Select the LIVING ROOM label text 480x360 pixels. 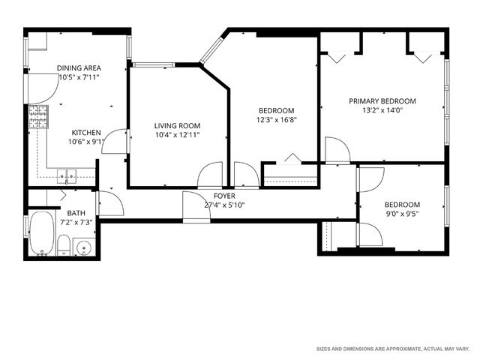177,125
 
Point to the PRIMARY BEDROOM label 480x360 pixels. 382,101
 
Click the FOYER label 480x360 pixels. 224,196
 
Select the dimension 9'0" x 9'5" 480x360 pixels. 402,213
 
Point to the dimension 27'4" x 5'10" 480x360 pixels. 224,205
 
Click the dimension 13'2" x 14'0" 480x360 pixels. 382,110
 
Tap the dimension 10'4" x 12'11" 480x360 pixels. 177,135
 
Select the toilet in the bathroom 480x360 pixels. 64,245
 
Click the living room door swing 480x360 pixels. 209,175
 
